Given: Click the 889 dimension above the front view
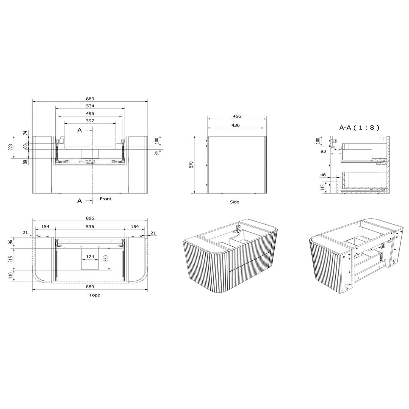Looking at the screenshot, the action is pyautogui.click(x=90, y=99).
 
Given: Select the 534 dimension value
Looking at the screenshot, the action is pyautogui.click(x=90, y=106).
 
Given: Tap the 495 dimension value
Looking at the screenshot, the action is pyautogui.click(x=90, y=113).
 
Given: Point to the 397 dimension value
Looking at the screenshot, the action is pyautogui.click(x=90, y=121).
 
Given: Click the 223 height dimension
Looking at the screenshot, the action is pyautogui.click(x=11, y=147).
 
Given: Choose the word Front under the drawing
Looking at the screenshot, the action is pyautogui.click(x=106, y=199).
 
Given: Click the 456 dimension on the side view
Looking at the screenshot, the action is pyautogui.click(x=237, y=116).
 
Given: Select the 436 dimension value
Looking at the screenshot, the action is pyautogui.click(x=235, y=125).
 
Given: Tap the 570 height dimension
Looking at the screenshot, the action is pyautogui.click(x=191, y=165).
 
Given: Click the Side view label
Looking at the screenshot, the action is pyautogui.click(x=234, y=202).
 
